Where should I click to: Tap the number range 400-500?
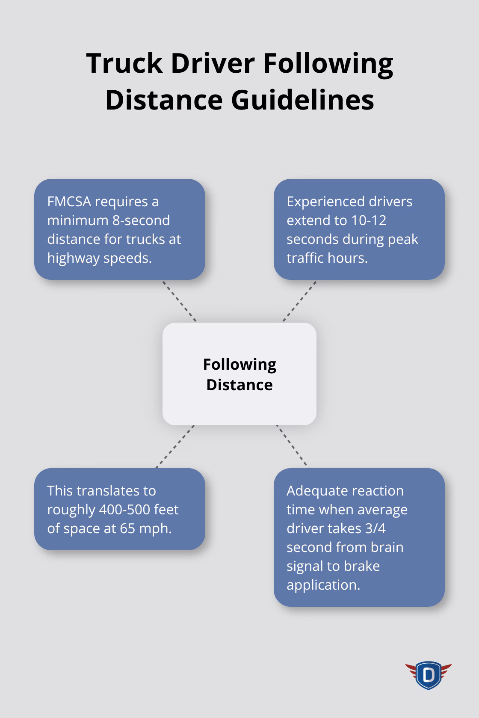click(x=124, y=509)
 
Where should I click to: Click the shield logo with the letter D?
click(x=428, y=675)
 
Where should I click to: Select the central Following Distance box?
click(x=239, y=374)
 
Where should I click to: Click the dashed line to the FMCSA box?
click(x=179, y=301)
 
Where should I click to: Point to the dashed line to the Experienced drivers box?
click(x=299, y=301)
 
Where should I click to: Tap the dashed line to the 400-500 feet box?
click(x=175, y=446)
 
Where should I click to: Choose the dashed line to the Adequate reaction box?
click(x=293, y=446)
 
